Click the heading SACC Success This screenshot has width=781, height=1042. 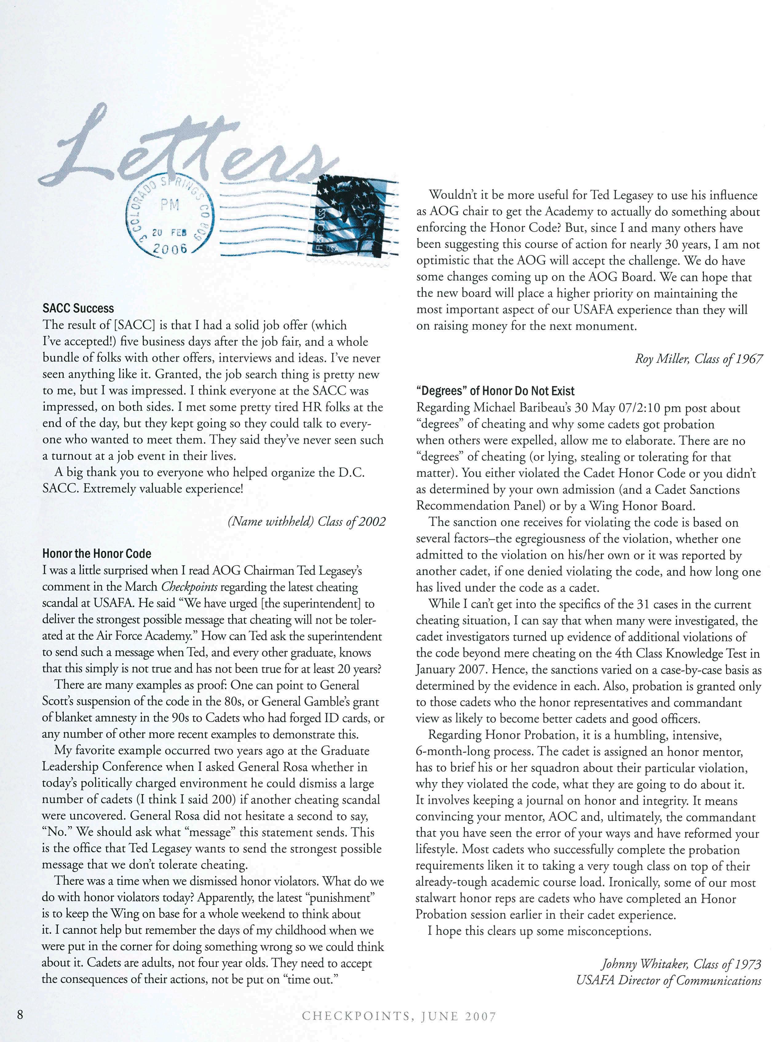[x=78, y=309]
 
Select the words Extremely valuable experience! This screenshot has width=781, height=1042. [x=164, y=489]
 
